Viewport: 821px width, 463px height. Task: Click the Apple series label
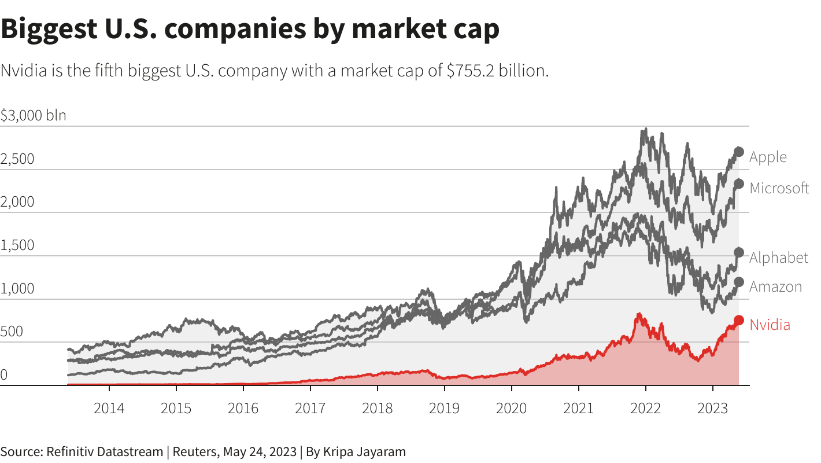coord(768,157)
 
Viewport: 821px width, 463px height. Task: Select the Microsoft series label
coord(779,188)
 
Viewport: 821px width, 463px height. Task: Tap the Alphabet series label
coord(778,258)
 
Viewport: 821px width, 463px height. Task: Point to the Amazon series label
coord(775,286)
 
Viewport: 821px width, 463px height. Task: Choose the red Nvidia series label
coord(770,325)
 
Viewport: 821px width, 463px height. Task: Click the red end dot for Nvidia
coord(739,320)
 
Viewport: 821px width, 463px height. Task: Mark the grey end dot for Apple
coord(739,152)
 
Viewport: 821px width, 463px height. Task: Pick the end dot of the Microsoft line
coord(739,183)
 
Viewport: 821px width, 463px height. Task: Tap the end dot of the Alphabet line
coord(739,252)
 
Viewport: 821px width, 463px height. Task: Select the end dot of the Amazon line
coord(739,282)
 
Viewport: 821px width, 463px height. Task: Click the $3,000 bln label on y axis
coord(34,115)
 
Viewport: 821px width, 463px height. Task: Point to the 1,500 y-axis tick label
coord(17,245)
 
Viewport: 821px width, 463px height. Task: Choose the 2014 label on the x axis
coord(109,409)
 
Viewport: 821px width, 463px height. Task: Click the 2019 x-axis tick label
coord(444,409)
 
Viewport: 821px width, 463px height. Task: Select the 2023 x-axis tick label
coord(712,409)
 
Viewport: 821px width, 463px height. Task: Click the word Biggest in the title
coord(56,29)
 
